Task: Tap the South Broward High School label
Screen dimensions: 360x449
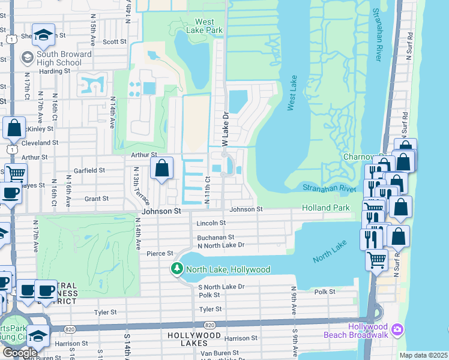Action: point(59,58)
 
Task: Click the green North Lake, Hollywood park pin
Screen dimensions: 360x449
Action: point(177,269)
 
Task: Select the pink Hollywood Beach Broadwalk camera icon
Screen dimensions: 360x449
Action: point(397,329)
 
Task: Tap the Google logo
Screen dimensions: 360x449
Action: point(19,353)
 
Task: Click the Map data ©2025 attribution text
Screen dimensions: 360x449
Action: point(423,355)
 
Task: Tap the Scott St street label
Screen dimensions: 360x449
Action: point(114,42)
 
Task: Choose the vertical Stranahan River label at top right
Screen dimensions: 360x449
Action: point(377,35)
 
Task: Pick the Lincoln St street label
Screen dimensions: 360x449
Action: point(210,223)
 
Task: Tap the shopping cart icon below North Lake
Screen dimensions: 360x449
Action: point(376,259)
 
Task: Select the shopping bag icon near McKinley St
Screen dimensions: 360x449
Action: point(14,128)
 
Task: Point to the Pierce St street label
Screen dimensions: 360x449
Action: point(160,254)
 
